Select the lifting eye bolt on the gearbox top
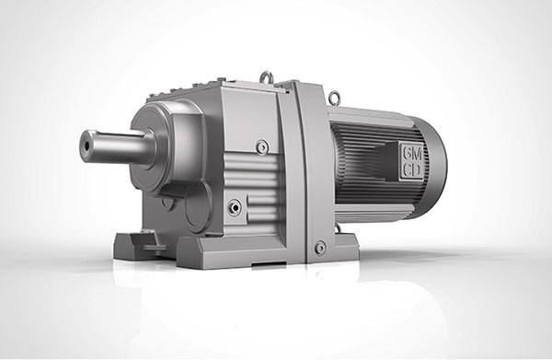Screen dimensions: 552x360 [x=266, y=76]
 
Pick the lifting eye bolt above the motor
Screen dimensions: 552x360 [x=334, y=96]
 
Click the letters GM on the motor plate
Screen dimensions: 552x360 [x=412, y=153]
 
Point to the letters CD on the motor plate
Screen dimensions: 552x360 [x=412, y=170]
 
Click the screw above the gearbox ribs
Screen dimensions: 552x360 [x=262, y=146]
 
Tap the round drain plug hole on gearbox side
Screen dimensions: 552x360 [x=235, y=207]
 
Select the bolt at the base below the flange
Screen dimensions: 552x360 [x=320, y=247]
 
